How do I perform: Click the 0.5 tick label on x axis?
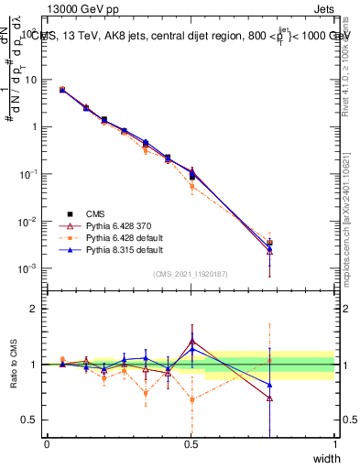(191, 444)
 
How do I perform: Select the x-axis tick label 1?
(334, 444)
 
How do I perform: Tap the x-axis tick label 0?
(47, 444)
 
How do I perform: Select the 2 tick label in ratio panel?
(38, 309)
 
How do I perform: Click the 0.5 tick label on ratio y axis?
(33, 420)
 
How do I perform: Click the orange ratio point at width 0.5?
(191, 399)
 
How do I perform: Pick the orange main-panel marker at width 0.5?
(191, 186)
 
